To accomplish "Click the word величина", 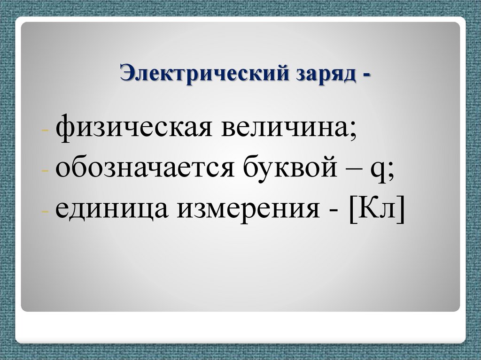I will [286, 128].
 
